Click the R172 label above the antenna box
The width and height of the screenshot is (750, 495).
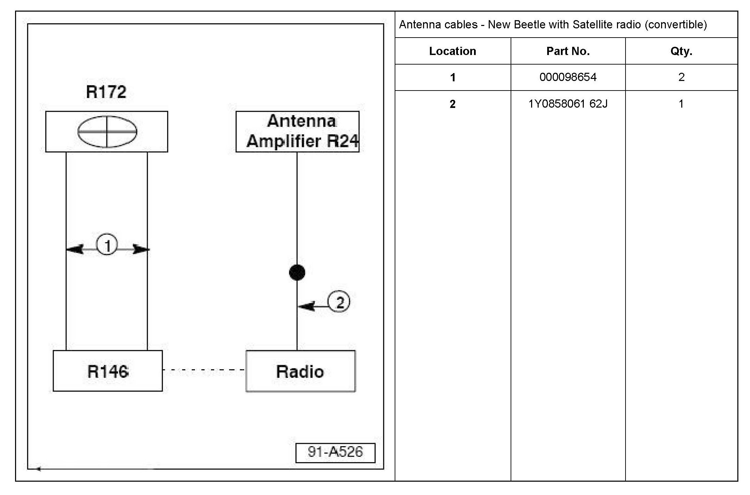pyautogui.click(x=106, y=92)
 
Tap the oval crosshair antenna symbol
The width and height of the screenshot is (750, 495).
pyautogui.click(x=107, y=132)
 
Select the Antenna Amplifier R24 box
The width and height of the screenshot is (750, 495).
pyautogui.click(x=297, y=132)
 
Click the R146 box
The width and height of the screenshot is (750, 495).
pyautogui.click(x=108, y=371)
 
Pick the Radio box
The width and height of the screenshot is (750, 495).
pyautogui.click(x=300, y=371)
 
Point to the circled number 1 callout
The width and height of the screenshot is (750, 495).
pyautogui.click(x=107, y=245)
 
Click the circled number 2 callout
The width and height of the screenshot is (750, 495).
pyautogui.click(x=339, y=302)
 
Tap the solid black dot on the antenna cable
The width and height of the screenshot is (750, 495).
pyautogui.click(x=297, y=273)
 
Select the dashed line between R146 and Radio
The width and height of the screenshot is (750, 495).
pyautogui.click(x=204, y=370)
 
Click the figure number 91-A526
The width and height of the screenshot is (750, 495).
pyautogui.click(x=335, y=452)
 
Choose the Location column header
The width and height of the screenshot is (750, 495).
pyautogui.click(x=452, y=51)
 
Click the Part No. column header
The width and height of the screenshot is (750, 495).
pyautogui.click(x=568, y=51)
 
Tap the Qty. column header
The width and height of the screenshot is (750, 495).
pyautogui.click(x=681, y=51)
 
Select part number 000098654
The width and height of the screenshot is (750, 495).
pyautogui.click(x=568, y=77)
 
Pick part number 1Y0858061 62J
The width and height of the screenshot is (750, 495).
pyautogui.click(x=568, y=104)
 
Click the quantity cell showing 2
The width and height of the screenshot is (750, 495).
pyautogui.click(x=681, y=77)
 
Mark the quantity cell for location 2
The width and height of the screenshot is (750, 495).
pyautogui.click(x=681, y=104)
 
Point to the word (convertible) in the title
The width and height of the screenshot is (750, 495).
pyautogui.click(x=676, y=25)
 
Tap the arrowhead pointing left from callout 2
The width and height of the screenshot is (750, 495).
pyautogui.click(x=305, y=306)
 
